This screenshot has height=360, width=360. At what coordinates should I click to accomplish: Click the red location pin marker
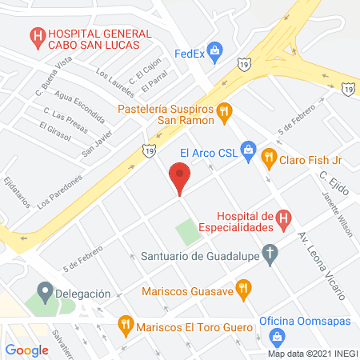click(180, 176)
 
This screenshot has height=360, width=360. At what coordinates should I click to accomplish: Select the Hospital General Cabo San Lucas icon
click(36, 36)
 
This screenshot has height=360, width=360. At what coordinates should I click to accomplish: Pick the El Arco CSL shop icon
click(248, 150)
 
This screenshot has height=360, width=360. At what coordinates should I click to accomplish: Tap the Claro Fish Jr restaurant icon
click(270, 158)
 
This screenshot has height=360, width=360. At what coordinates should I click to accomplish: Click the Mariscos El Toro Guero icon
click(125, 325)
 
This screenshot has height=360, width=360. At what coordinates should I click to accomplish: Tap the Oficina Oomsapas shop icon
click(277, 338)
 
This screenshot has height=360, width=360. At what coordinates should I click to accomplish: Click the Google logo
click(26, 350)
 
